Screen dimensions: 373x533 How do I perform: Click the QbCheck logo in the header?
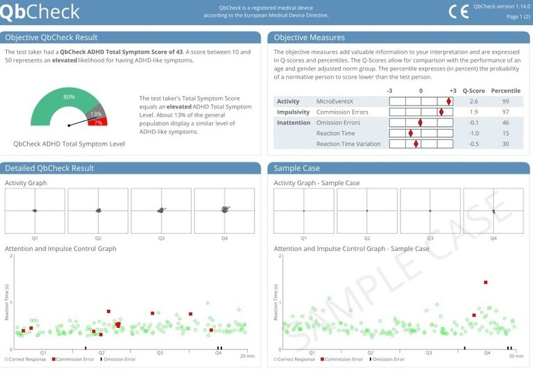40,11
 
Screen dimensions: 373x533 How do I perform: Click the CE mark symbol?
459,11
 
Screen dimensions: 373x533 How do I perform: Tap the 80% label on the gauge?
69,97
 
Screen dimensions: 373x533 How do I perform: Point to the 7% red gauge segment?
98,122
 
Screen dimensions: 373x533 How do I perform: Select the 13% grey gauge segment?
96,114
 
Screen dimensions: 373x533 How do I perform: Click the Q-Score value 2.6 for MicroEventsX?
473,101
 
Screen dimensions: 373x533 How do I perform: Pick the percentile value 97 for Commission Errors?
505,112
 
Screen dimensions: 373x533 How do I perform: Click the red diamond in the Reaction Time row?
410,133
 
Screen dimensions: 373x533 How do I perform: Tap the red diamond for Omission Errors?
420,123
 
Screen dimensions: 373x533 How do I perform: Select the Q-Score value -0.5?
473,144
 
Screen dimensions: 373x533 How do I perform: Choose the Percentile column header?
505,91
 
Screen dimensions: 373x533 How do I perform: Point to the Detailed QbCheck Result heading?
49,168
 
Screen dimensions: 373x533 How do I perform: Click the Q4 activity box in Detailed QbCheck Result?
224,210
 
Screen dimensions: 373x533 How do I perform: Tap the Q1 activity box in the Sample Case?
303,210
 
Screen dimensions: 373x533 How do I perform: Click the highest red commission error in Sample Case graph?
486,282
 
